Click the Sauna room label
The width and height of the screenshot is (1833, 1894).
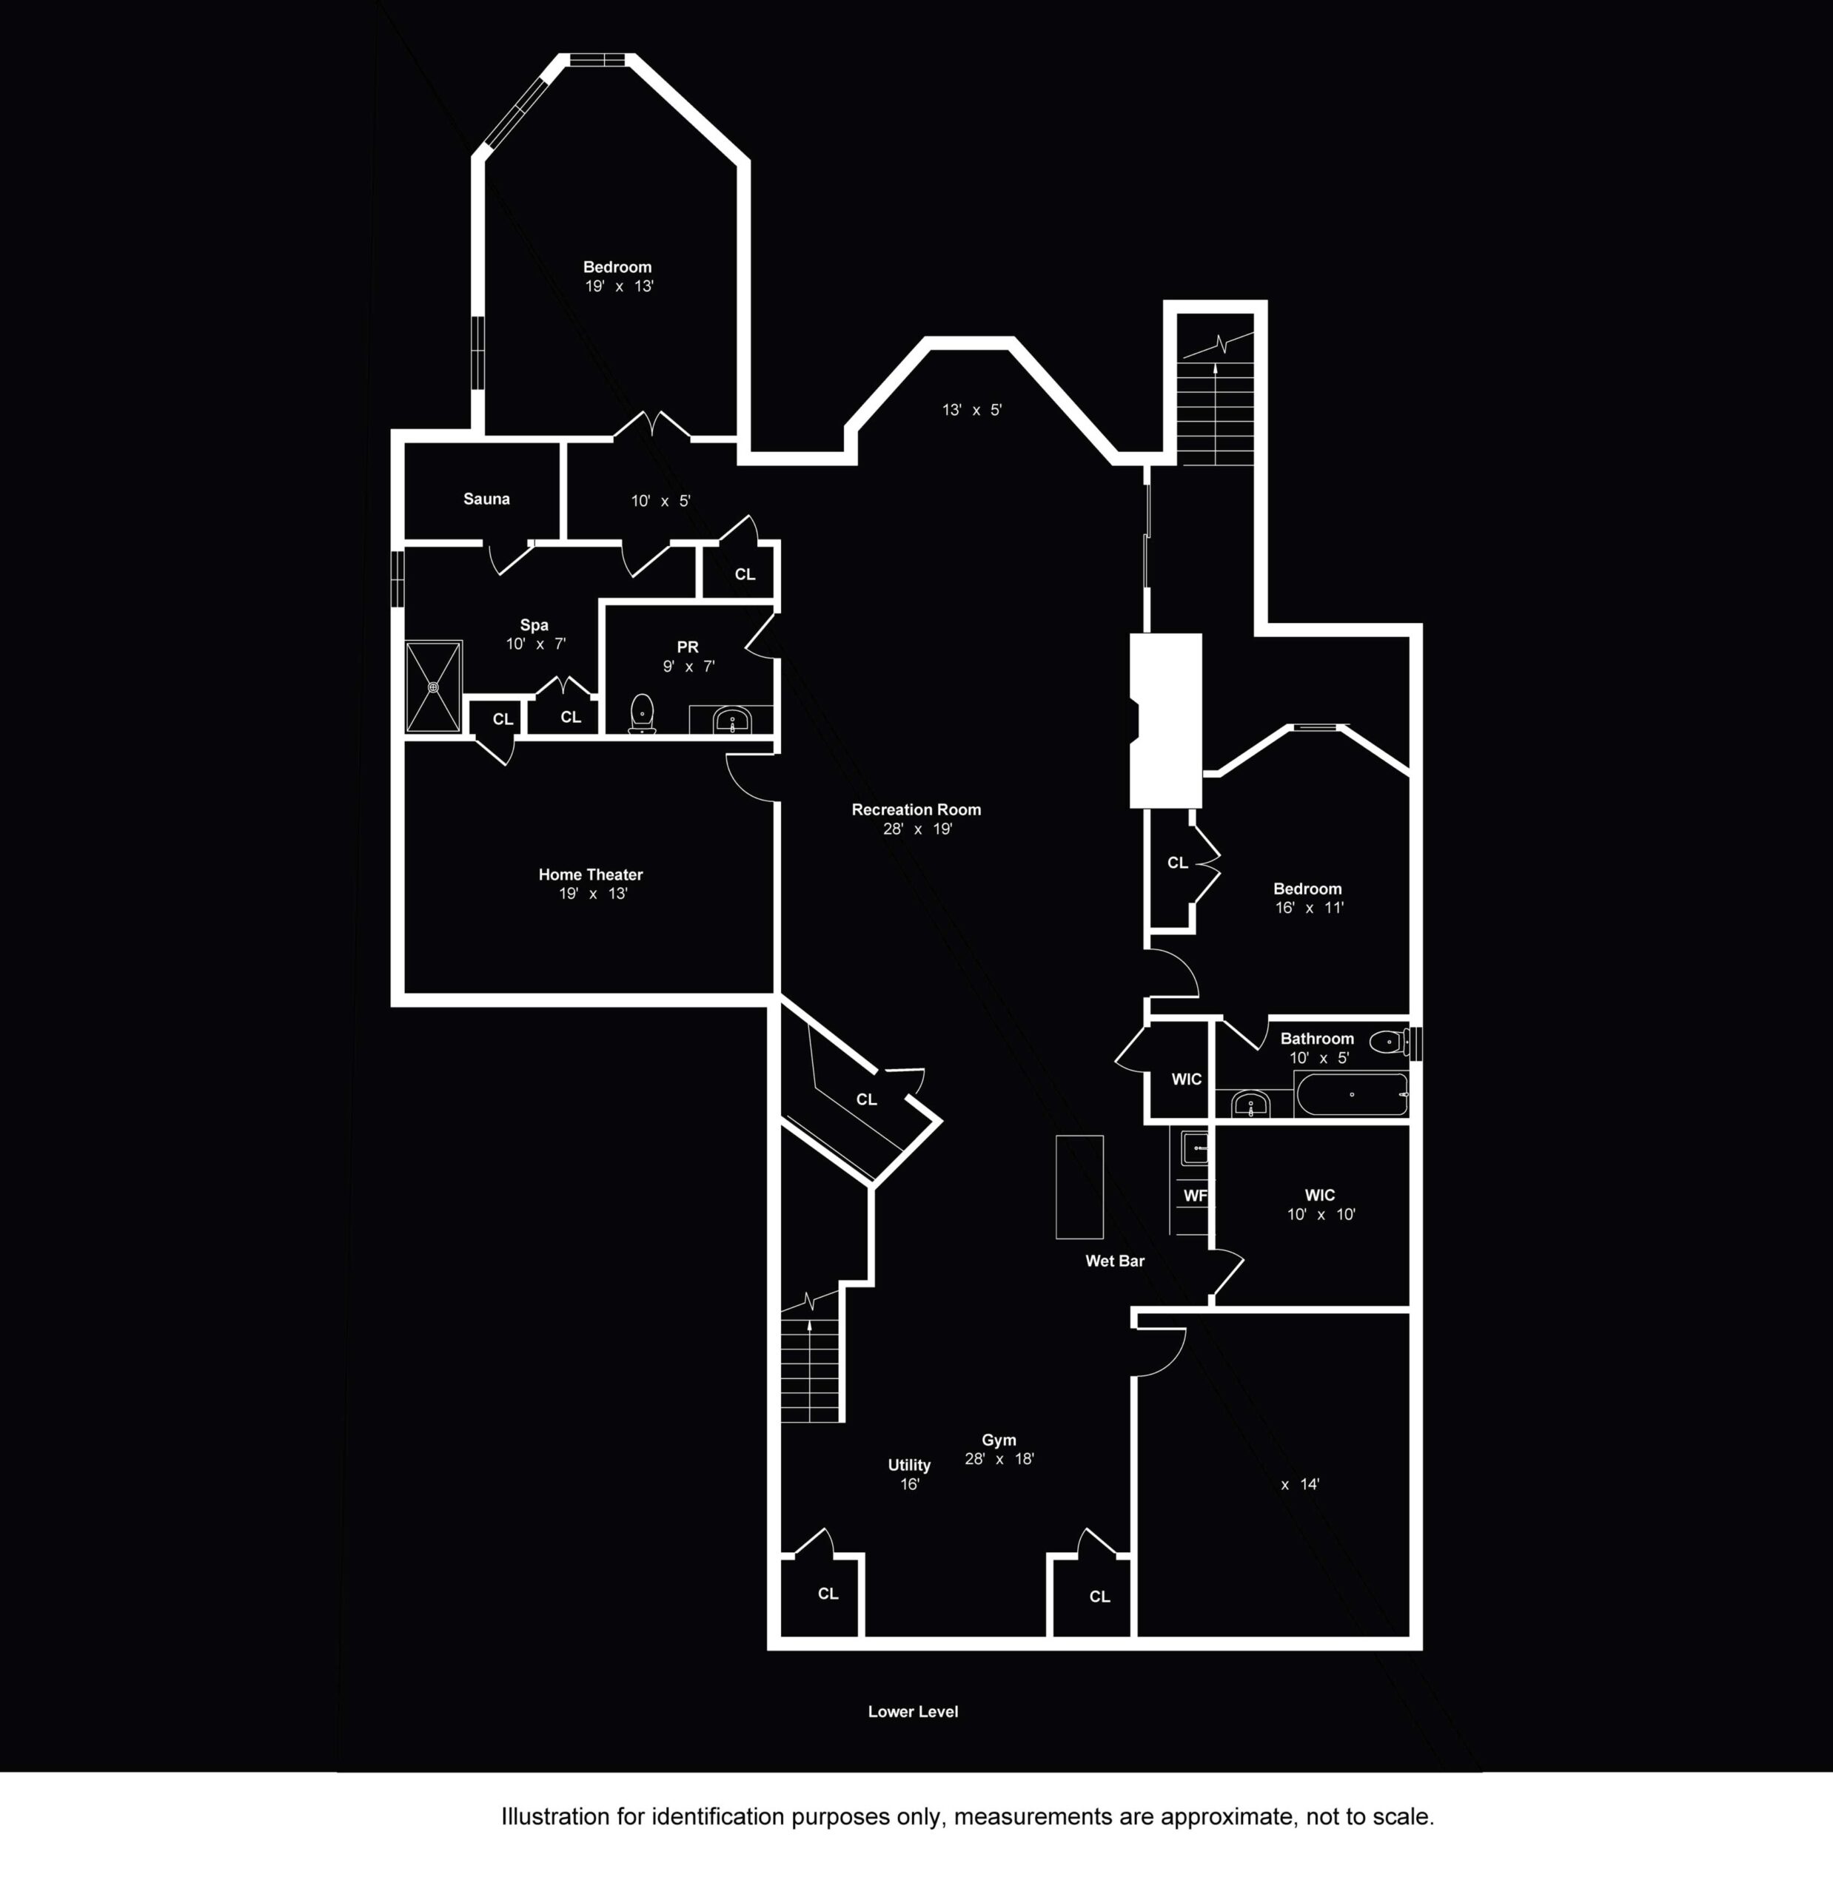pos(486,499)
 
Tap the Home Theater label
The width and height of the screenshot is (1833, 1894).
pos(591,874)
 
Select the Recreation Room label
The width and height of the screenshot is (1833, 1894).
pos(916,810)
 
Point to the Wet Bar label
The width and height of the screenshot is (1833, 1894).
pos(1115,1261)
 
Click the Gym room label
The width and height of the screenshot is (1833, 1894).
pos(999,1440)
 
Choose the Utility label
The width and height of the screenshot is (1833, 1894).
pos(909,1465)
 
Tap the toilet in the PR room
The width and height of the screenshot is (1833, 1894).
pos(642,714)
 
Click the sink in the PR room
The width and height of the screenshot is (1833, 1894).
pos(732,720)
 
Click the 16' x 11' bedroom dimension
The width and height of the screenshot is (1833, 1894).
pos(1309,907)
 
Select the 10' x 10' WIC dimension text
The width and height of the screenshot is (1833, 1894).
pos(1321,1215)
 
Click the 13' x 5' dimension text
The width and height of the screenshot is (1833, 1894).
pos(971,410)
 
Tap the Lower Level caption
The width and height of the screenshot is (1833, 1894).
pos(913,1711)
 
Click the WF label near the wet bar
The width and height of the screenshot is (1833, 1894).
pos(1196,1196)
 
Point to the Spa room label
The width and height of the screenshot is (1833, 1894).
pos(534,625)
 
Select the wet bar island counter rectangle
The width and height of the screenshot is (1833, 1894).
pos(1079,1187)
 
